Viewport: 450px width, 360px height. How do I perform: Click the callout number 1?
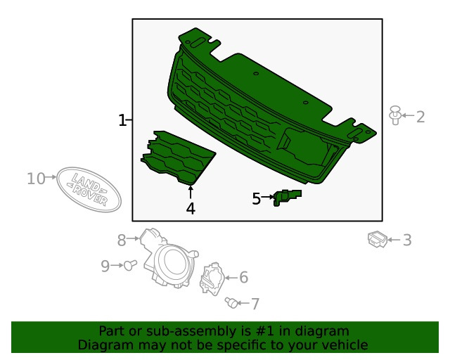pos(122,121)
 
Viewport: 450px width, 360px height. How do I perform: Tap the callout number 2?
pos(420,117)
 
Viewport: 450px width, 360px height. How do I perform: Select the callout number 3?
pos(407,240)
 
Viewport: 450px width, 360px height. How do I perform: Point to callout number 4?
pos(191,208)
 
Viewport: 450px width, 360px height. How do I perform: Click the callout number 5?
pos(257,199)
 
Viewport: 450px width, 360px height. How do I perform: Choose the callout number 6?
pos(243,278)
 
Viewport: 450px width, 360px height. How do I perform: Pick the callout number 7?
pos(255,304)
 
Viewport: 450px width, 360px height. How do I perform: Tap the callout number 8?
pos(122,240)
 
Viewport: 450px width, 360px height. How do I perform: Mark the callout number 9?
pos(105,266)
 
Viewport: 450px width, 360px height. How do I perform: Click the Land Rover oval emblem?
pos(89,188)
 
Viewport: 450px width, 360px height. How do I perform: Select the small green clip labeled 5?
pos(287,198)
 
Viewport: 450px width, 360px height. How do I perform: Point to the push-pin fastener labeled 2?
pos(395,115)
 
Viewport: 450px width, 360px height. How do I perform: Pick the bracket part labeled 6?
pos(211,278)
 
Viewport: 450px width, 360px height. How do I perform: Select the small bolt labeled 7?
pos(230,303)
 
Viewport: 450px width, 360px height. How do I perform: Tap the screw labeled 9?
pos(129,265)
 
